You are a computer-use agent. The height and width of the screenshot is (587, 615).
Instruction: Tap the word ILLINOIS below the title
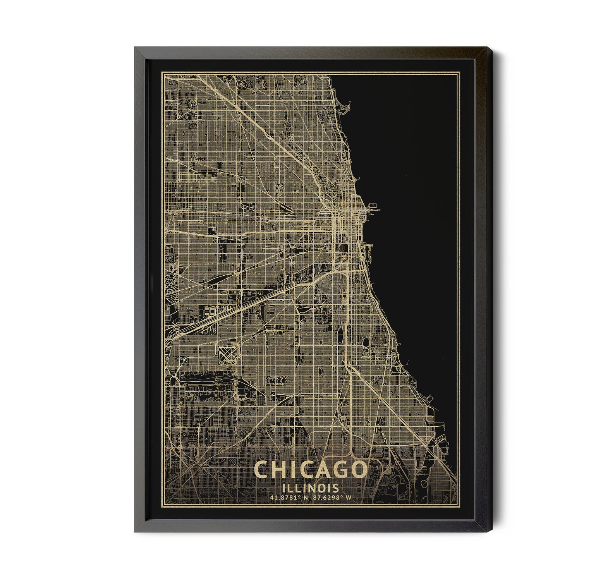pos(309,487)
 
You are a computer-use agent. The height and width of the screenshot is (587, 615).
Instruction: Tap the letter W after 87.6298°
pos(349,498)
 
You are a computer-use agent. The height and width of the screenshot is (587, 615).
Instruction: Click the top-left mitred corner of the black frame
pos(135,47)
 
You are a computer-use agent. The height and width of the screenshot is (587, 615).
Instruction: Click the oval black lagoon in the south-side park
pos(366,342)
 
